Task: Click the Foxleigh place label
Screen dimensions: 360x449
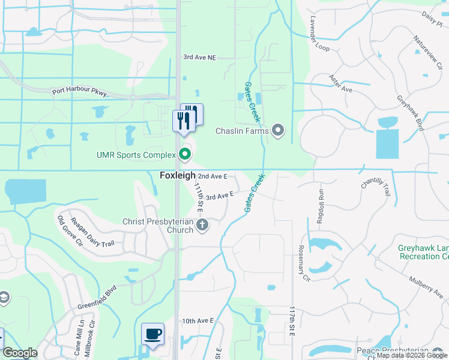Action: click(178, 176)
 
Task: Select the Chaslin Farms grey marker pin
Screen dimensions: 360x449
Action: click(277, 130)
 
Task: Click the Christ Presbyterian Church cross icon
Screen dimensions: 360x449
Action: click(202, 226)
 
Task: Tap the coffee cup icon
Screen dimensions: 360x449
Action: click(152, 334)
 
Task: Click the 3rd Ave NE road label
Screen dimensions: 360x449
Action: click(199, 58)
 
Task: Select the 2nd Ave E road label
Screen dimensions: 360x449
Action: click(213, 176)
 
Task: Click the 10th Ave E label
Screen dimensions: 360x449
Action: click(198, 321)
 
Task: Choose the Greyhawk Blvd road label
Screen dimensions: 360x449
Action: click(410, 113)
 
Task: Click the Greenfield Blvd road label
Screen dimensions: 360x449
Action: click(95, 301)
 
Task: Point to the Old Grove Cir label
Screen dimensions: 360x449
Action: click(68, 230)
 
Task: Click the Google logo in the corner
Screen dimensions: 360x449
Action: click(20, 353)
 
